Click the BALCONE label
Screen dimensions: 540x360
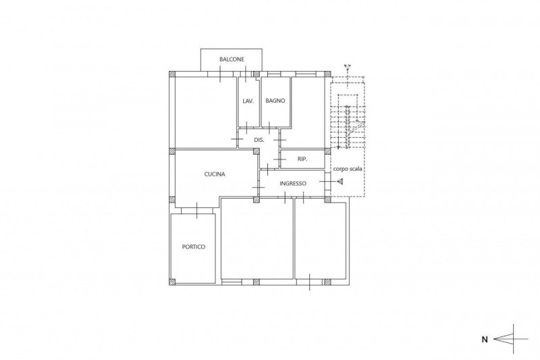232,59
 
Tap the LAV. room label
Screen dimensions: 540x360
248,101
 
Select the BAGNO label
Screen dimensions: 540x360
275,101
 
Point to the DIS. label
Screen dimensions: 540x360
259,140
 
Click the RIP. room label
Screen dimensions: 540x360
302,159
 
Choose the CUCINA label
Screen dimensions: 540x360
215,174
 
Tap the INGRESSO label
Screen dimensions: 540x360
293,184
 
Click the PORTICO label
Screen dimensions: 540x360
194,247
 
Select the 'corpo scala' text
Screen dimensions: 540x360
348,169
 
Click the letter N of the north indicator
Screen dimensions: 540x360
485,340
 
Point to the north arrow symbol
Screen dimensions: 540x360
511,339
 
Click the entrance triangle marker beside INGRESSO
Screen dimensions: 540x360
340,181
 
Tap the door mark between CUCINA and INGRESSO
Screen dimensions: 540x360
258,187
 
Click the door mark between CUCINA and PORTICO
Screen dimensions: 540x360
196,211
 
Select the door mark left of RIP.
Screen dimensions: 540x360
280,159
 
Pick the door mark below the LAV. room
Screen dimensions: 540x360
246,128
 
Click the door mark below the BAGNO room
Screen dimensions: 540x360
269,128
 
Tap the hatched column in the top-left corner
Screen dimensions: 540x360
172,74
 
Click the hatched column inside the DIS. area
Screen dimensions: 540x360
256,151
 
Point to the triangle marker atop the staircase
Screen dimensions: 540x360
348,66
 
